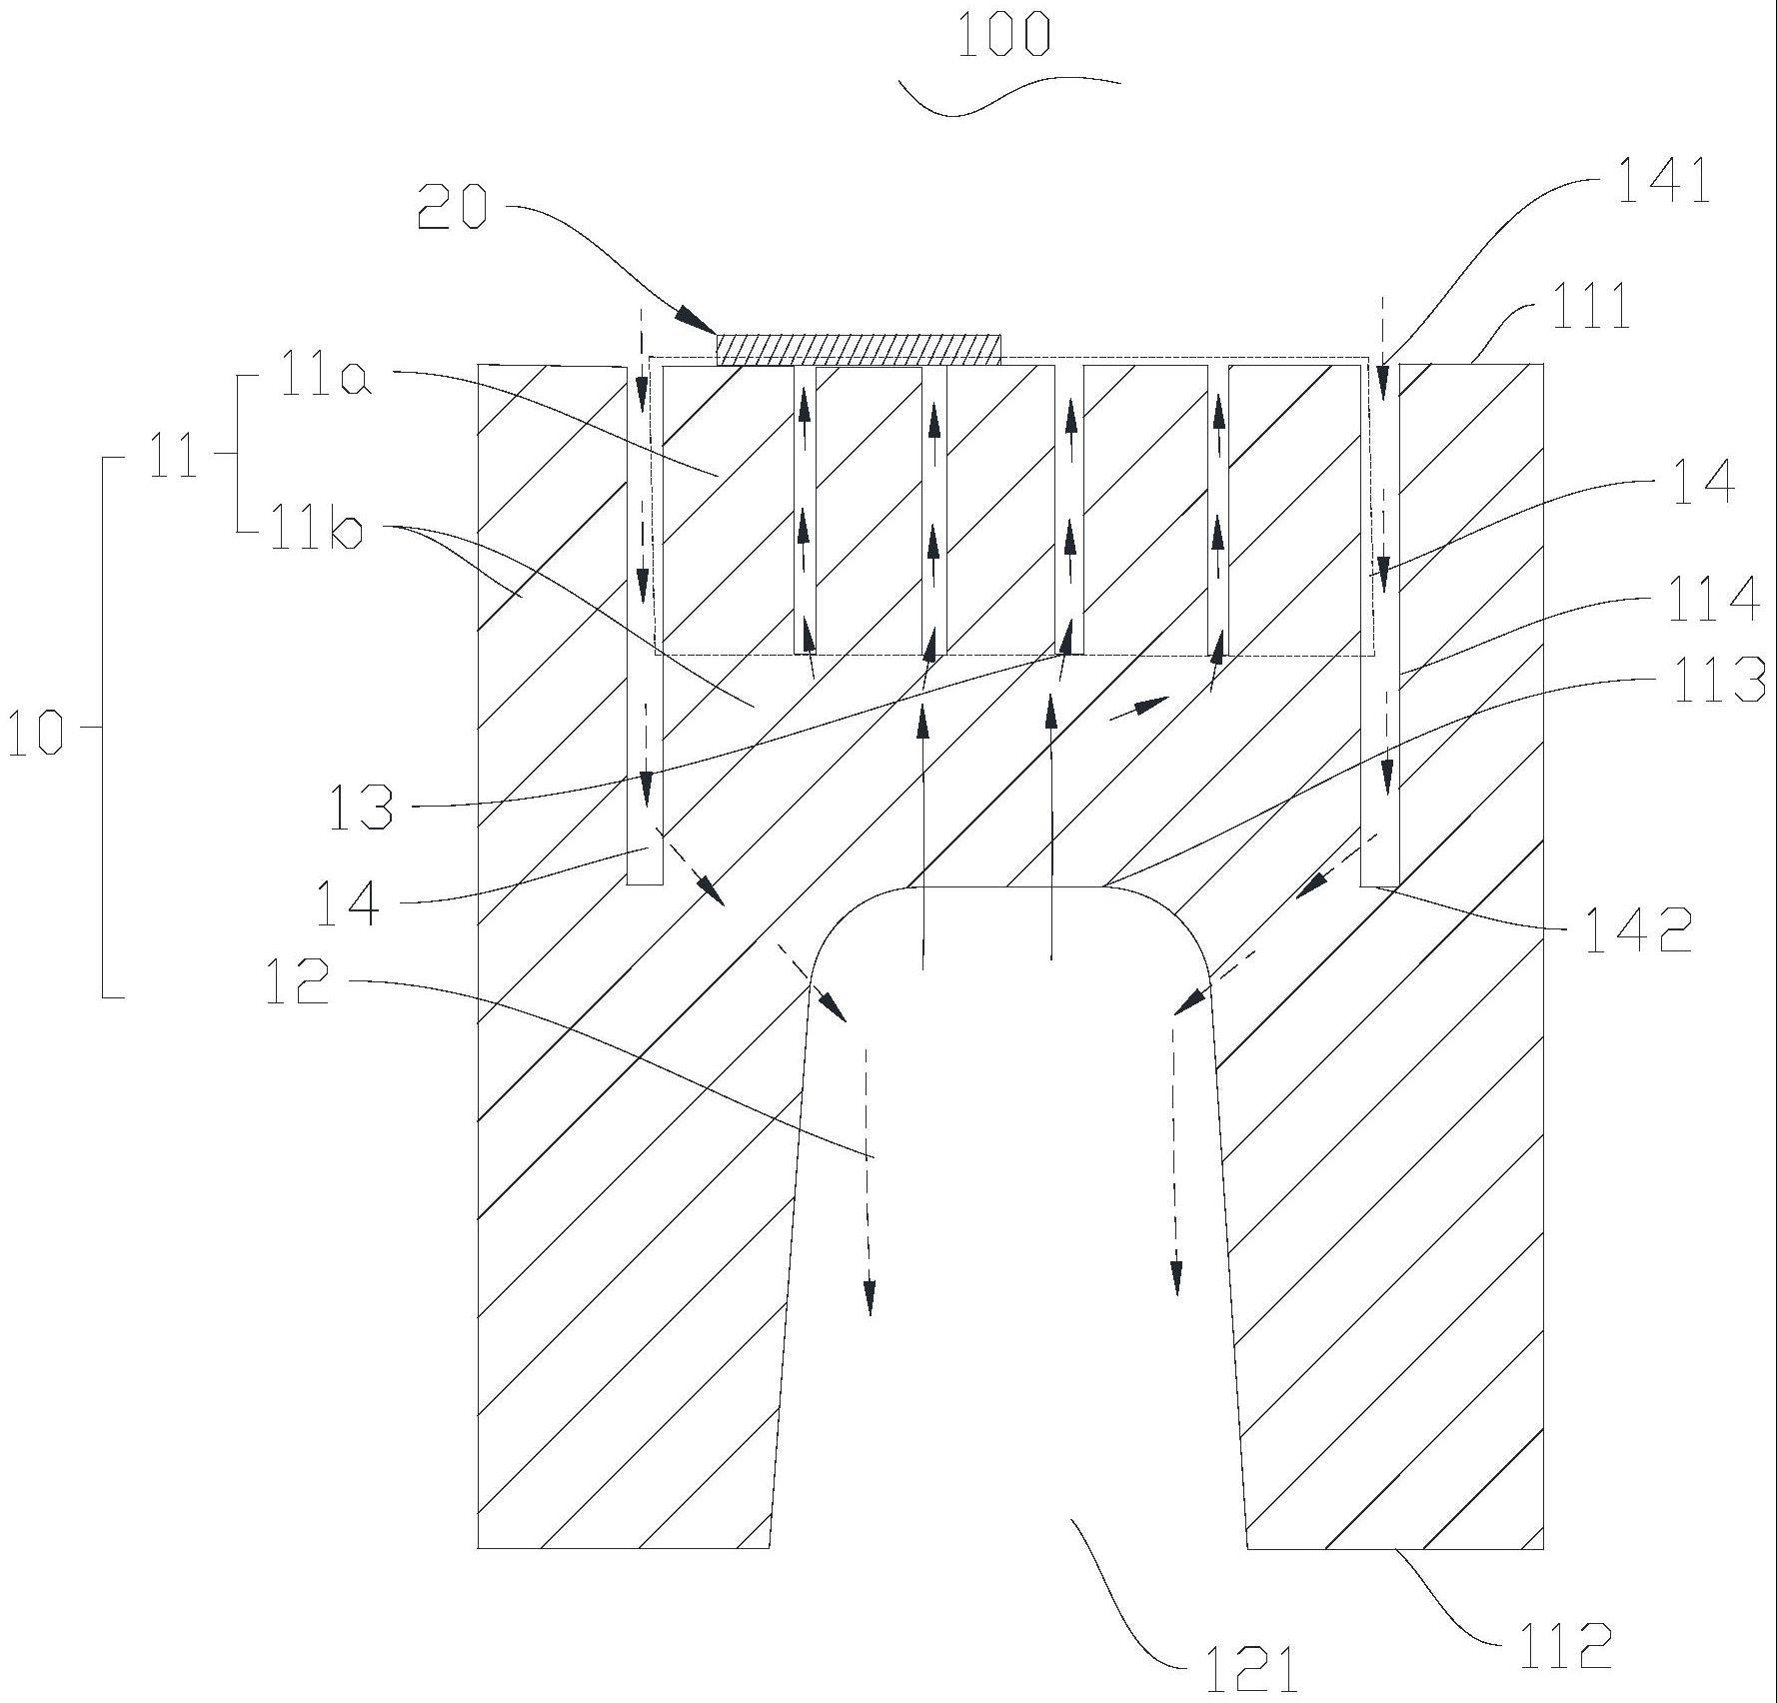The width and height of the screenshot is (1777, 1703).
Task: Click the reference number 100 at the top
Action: click(1003, 35)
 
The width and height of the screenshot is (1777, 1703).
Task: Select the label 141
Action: click(1663, 183)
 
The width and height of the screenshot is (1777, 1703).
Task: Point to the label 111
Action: click(1590, 307)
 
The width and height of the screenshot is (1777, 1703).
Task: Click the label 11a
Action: click(325, 380)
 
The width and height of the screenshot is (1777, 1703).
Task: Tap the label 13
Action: click(361, 808)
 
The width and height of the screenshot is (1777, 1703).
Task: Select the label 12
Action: click(297, 980)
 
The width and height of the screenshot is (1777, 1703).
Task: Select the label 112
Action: click(1563, 1646)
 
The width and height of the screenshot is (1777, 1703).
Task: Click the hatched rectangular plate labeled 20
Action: click(859, 349)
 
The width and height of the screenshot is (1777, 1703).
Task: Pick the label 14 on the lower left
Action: click(347, 902)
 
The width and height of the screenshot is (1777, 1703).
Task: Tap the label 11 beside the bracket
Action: click(173, 462)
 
